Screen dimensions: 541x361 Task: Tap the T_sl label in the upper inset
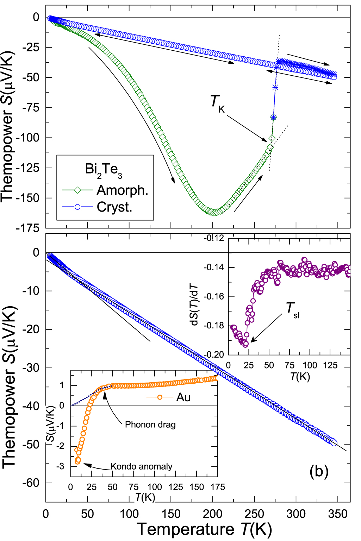(x=293, y=309)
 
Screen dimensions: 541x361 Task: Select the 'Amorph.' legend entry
(x=122, y=190)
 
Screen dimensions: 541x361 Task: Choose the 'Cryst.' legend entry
(x=114, y=207)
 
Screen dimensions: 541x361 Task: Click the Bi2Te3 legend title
(x=104, y=170)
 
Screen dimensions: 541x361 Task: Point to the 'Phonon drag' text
(x=150, y=424)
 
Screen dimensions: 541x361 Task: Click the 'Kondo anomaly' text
(x=141, y=466)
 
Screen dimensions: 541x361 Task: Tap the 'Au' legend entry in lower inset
(x=183, y=397)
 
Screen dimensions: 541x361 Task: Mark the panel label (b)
(x=319, y=471)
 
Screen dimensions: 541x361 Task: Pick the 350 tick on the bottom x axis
(x=337, y=514)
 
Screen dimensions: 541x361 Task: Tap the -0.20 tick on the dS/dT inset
(x=214, y=354)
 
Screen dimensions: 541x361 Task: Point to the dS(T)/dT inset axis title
(x=195, y=305)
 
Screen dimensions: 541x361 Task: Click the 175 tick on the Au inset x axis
(x=218, y=487)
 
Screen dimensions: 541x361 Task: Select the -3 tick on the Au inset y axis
(x=62, y=466)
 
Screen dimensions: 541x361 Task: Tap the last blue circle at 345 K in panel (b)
(x=334, y=443)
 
